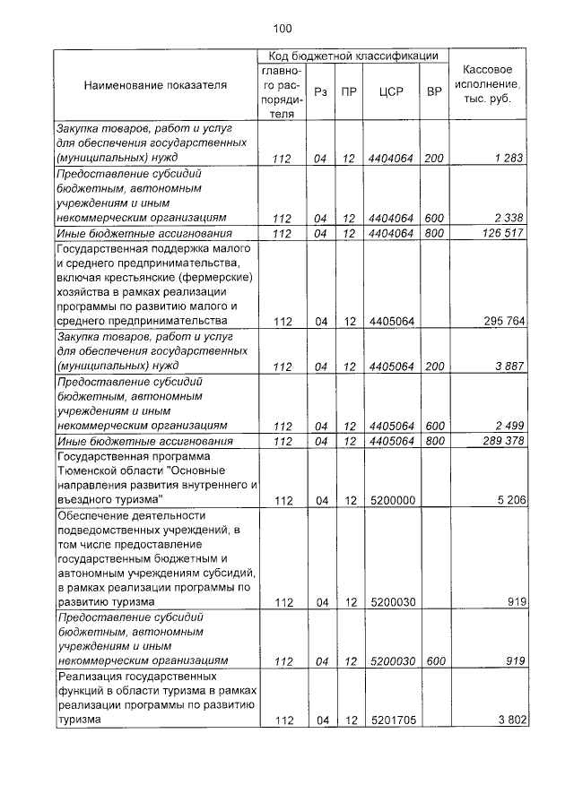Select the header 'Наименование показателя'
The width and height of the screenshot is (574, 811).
pyautogui.click(x=155, y=85)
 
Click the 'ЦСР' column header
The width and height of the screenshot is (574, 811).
pyautogui.click(x=390, y=91)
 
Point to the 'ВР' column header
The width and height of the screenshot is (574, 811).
pyautogui.click(x=434, y=91)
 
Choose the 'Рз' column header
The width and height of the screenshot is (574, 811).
pyautogui.click(x=319, y=91)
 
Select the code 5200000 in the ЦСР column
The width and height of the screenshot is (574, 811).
pyautogui.click(x=390, y=500)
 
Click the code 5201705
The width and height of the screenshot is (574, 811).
pyautogui.click(x=390, y=720)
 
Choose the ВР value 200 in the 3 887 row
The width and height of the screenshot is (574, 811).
pyautogui.click(x=434, y=367)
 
